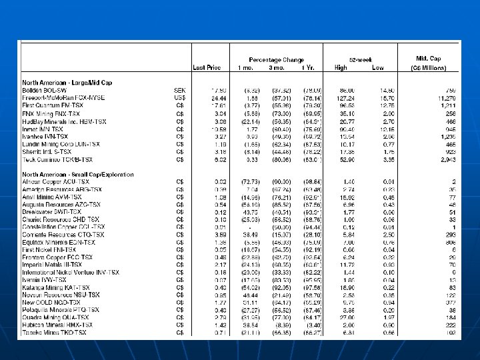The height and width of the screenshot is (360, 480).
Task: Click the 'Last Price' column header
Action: pyautogui.click(x=207, y=67)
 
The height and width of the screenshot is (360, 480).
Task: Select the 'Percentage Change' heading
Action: pyautogui.click(x=276, y=59)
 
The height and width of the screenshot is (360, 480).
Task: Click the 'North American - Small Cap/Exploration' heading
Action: pyautogui.click(x=79, y=174)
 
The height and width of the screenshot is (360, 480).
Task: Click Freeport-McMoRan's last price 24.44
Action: pyautogui.click(x=210, y=97)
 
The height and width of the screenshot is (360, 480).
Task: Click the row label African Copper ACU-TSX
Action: pyautogui.click(x=55, y=182)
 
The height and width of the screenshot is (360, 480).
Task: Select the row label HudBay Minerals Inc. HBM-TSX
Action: pyautogui.click(x=64, y=121)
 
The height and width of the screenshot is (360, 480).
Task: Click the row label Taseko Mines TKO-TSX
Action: pyautogui.click(x=54, y=331)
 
